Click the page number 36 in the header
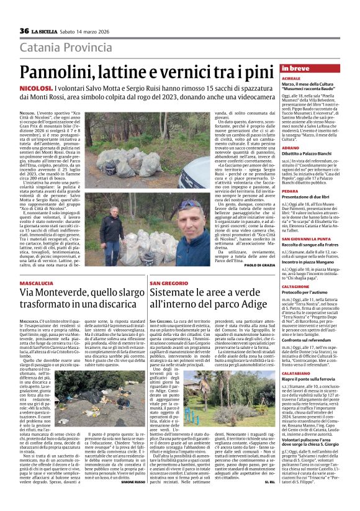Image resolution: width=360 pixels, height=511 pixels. [24, 31]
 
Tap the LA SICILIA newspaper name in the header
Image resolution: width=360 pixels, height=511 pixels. [47, 32]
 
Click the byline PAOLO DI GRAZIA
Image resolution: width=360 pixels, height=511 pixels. [259, 265]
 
